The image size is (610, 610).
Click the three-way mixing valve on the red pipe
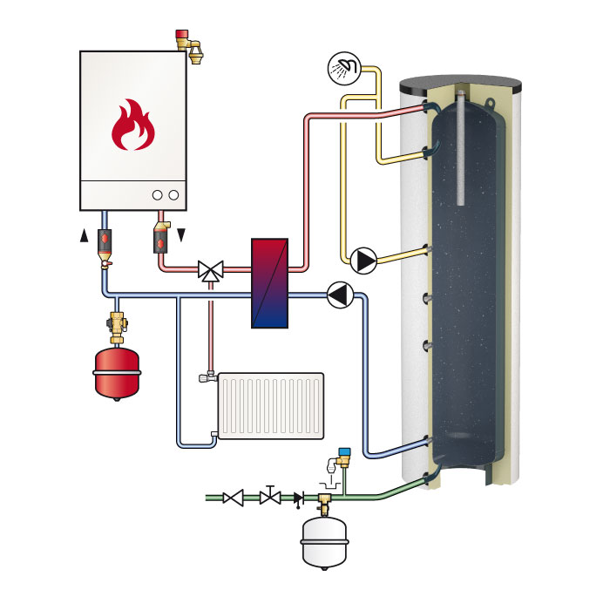[x=210, y=271]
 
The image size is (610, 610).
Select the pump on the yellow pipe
[x=363, y=259]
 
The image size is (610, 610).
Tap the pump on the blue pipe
[x=339, y=296]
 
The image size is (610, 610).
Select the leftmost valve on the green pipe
[x=233, y=498]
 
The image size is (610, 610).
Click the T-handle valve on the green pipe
[x=270, y=497]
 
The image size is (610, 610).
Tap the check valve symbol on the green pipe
[x=299, y=498]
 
